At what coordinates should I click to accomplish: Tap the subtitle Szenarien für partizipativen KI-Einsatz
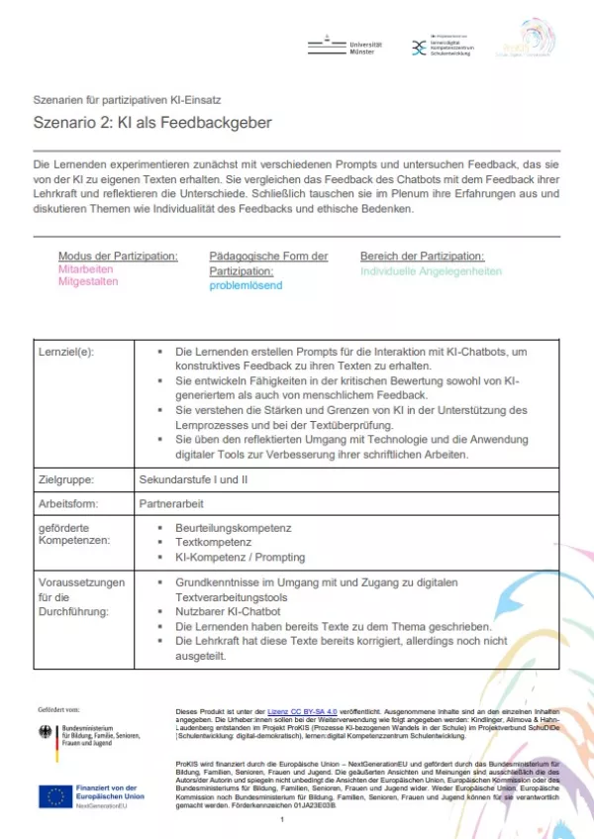[x=127, y=99]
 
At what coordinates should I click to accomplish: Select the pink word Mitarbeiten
[x=86, y=268]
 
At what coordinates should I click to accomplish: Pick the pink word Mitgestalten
[x=88, y=281]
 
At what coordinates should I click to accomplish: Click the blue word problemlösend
[x=246, y=285]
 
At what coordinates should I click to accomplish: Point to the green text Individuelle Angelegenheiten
[x=431, y=270]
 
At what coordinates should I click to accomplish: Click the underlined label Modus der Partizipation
[x=118, y=256]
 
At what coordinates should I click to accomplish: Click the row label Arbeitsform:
[x=67, y=502]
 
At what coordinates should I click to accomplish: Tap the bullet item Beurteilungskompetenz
[x=233, y=528]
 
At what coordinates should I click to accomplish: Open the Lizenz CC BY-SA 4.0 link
[x=306, y=712]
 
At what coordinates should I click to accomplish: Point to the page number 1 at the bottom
[x=282, y=820]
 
